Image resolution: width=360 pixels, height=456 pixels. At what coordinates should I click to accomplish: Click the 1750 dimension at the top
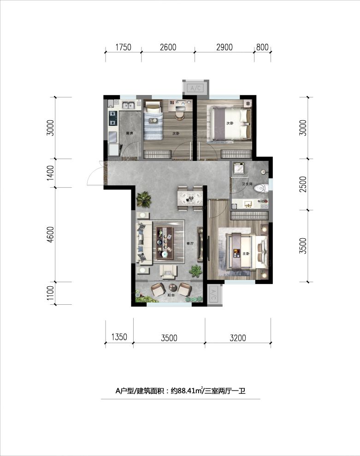(123, 47)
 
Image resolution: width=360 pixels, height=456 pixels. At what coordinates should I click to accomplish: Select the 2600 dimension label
(168, 47)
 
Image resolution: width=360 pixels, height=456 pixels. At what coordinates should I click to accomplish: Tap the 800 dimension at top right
(262, 47)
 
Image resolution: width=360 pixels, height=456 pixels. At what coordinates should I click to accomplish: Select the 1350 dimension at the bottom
(119, 338)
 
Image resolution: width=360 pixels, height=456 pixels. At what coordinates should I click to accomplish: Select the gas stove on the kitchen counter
(112, 119)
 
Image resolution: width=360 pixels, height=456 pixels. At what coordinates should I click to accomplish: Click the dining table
(189, 199)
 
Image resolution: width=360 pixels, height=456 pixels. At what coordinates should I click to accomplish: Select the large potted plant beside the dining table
(144, 199)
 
